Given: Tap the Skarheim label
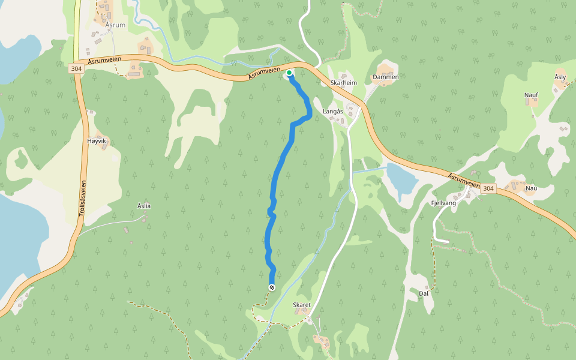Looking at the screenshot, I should [x=344, y=83].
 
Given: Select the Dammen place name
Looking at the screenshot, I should [x=386, y=77].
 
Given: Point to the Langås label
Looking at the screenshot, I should [x=333, y=112].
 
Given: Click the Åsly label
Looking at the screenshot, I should [x=560, y=77].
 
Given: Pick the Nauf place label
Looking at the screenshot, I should [x=531, y=95].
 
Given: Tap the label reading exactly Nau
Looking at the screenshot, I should [x=531, y=188].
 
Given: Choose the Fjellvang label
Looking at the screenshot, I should [x=444, y=203].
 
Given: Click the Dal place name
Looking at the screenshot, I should [x=424, y=293].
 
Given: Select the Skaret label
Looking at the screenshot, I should [x=302, y=305].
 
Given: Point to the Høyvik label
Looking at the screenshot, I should [x=96, y=140].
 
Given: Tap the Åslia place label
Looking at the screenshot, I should [x=144, y=206].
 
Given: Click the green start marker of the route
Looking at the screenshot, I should [x=289, y=73].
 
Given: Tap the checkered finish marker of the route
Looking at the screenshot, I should [x=272, y=288].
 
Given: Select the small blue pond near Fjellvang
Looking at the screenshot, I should [x=401, y=178].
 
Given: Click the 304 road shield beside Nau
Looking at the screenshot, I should [x=488, y=188].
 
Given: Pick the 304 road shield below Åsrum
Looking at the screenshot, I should [x=76, y=68].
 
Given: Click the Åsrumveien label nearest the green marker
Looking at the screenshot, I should [x=266, y=74].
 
